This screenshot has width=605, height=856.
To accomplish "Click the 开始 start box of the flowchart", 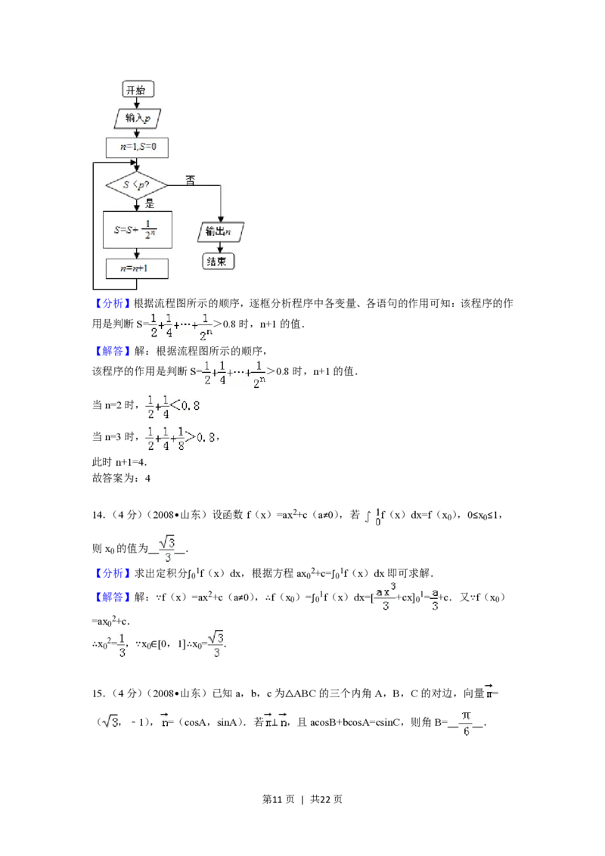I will (x=138, y=90).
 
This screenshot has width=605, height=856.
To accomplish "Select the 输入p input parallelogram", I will (x=137, y=119).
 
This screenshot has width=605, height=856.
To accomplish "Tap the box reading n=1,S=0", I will (x=137, y=147).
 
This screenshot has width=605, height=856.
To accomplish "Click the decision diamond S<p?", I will (x=137, y=185).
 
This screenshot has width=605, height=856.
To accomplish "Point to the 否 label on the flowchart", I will (x=190, y=180).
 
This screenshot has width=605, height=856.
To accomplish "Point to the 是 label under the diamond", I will (x=150, y=203).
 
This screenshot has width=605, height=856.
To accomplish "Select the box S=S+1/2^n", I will (x=137, y=229).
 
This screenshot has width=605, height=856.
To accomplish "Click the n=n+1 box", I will (x=137, y=268).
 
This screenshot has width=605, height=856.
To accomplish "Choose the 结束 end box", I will (x=219, y=262).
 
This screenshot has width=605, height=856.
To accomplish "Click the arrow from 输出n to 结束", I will (x=220, y=247).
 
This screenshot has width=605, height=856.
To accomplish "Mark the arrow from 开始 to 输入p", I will (x=137, y=104).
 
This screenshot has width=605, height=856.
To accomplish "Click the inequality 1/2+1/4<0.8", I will (x=172, y=407).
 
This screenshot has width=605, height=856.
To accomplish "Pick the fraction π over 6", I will (x=466, y=723).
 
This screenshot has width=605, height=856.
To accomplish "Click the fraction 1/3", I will (x=121, y=644).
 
